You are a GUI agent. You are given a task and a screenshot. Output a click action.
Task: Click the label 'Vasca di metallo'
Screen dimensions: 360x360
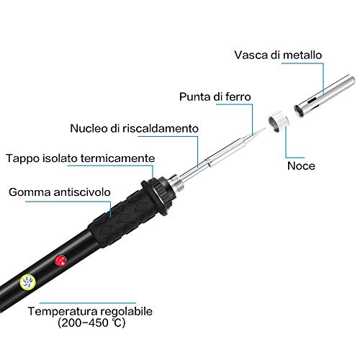pos(278,55)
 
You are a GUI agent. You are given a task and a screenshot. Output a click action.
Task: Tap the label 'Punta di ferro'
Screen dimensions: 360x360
pos(215,96)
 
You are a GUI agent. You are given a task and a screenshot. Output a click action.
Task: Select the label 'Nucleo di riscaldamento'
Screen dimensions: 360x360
pos(134,128)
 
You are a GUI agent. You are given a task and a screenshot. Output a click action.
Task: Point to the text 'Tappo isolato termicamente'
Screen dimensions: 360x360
pos(80,158)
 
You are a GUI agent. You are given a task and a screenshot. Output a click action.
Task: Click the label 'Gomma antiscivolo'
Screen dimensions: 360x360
pos(60,192)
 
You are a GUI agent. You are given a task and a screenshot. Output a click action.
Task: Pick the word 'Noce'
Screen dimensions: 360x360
pos(301,166)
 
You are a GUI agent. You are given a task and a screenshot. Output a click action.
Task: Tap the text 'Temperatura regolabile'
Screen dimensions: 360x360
pos(90,311)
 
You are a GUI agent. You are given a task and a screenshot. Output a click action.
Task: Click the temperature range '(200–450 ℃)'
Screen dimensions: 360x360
pos(91,323)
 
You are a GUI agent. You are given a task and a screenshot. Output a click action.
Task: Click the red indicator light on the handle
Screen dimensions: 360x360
pos(60,261)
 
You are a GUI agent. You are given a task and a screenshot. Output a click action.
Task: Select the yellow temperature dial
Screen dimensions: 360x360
pos(27,282)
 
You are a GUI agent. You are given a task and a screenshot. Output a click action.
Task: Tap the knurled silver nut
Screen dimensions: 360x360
pos(279,121)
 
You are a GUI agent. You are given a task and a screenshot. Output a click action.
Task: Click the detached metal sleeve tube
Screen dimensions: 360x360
pos(325,96)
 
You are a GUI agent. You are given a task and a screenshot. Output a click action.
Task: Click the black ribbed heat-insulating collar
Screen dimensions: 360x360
pos(158,196)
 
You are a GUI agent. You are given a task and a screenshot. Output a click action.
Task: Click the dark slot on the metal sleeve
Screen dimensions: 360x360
pos(312,100)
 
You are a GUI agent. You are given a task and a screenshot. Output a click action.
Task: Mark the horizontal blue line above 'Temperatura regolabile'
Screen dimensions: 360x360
pos(88,303)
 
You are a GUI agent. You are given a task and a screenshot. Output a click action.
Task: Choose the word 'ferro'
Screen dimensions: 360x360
pos(238,96)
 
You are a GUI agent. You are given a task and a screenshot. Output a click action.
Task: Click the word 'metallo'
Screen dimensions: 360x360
pos(302,55)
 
